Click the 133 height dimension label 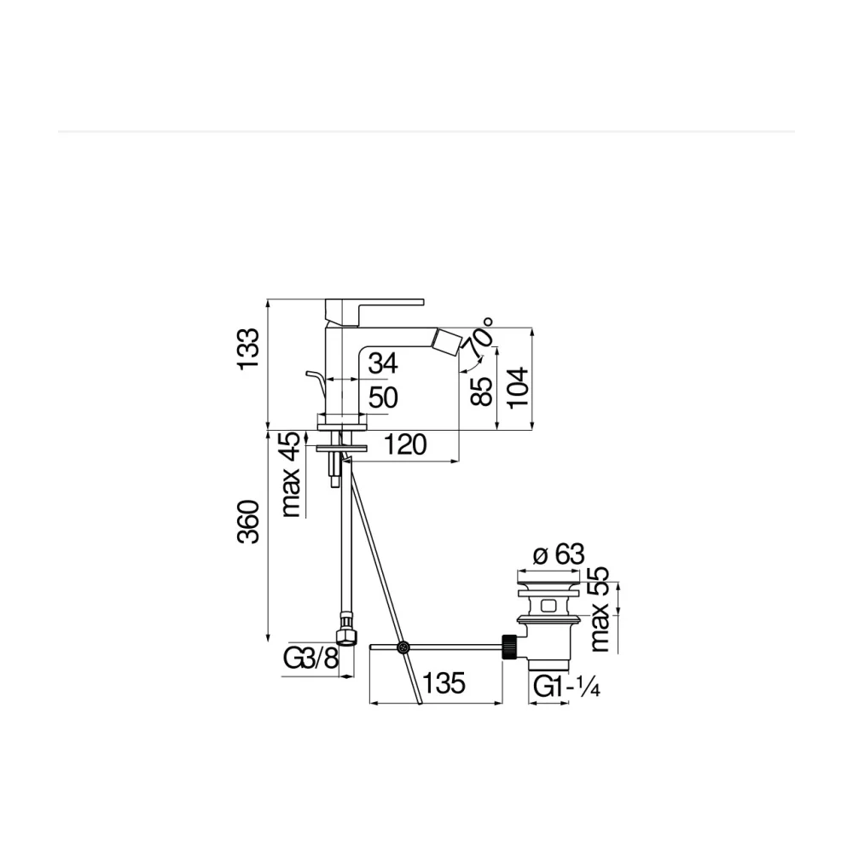(x=248, y=349)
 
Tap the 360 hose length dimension (x=248, y=522)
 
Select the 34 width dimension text (x=383, y=363)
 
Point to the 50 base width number (x=383, y=397)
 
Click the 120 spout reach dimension (x=405, y=445)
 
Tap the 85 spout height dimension (x=481, y=392)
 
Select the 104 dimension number (x=518, y=386)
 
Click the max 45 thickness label (x=291, y=474)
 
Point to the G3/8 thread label (x=310, y=659)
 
